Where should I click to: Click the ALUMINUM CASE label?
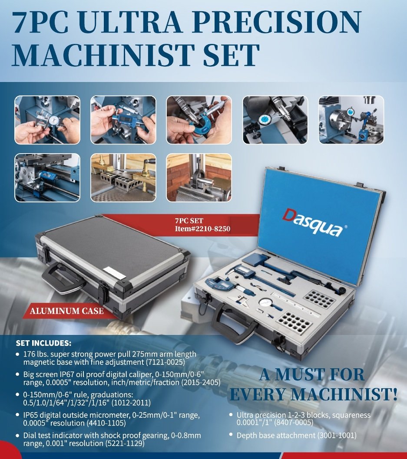[x=66, y=311]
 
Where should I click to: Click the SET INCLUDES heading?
[x=43, y=343]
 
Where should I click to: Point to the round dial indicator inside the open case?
[x=265, y=303]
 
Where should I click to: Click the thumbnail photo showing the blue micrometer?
[x=199, y=120]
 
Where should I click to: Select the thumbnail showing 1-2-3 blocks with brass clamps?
[x=123, y=177]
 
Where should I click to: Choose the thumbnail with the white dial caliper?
[x=47, y=120]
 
